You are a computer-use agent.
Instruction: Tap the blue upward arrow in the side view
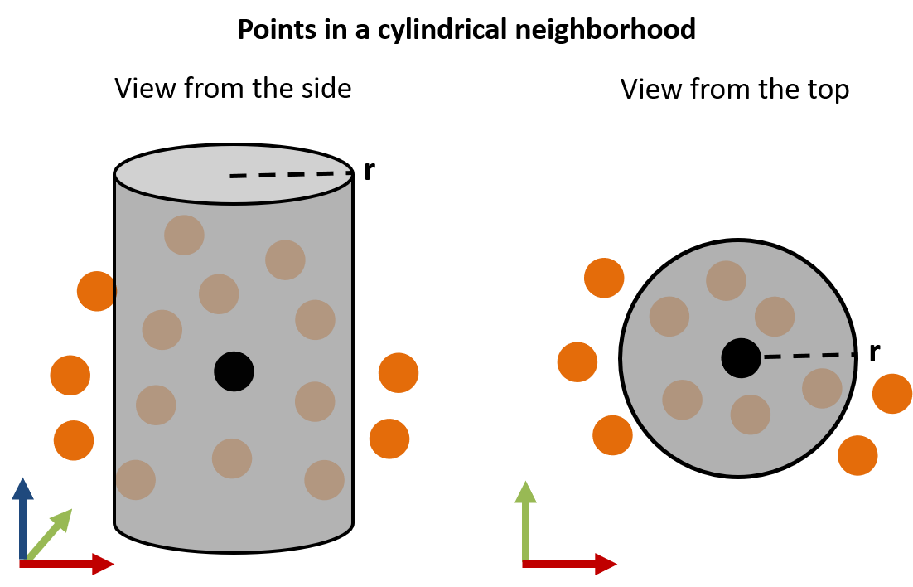(x=22, y=514)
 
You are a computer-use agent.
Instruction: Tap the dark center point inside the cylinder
(x=234, y=371)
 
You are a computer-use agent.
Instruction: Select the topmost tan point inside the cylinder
(x=184, y=235)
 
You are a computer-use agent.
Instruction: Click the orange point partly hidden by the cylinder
(x=95, y=291)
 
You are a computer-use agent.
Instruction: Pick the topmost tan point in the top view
(x=726, y=280)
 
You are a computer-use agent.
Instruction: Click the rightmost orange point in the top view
(x=893, y=394)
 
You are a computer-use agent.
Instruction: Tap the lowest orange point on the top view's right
(x=857, y=455)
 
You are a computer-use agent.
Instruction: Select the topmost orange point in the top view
(x=604, y=278)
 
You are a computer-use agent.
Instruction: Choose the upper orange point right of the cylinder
(x=399, y=373)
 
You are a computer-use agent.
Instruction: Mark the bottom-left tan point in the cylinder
(x=136, y=479)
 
